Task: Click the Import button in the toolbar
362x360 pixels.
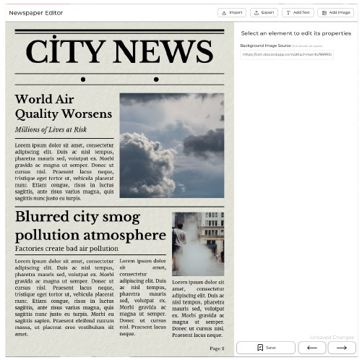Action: coord(232,12)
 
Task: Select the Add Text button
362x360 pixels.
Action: coord(297,12)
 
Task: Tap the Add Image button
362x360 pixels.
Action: coord(335,12)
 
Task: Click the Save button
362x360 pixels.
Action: coord(265,348)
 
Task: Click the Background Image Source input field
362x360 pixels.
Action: coord(287,54)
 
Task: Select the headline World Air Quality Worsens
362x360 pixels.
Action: coord(64,106)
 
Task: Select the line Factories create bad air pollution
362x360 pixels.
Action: coord(66,248)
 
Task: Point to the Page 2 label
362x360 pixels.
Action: coord(217,348)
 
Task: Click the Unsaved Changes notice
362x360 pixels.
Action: coord(332,338)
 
